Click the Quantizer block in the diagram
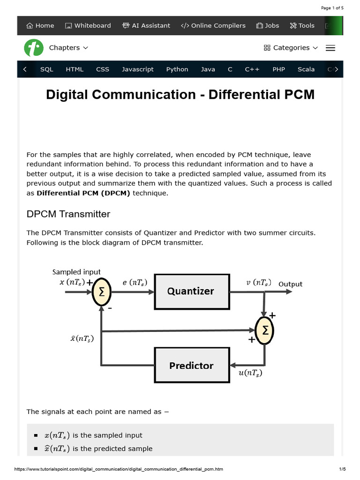point(192,291)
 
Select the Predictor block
point(192,365)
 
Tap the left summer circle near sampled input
point(101,292)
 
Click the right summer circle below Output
point(264,330)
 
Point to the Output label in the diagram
point(290,284)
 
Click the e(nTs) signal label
point(135,282)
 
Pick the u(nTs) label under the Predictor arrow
point(250,373)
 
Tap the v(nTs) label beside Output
point(258,282)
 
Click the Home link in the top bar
point(40,26)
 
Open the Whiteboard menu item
point(88,26)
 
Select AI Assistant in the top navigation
point(146,26)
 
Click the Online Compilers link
point(213,26)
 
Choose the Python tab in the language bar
point(177,69)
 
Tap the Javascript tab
point(138,69)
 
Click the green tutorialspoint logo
point(33,47)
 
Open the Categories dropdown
point(291,48)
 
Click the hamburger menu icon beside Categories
point(330,48)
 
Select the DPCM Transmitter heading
point(68,214)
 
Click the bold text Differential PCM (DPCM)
point(83,193)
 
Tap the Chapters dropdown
point(68,48)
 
